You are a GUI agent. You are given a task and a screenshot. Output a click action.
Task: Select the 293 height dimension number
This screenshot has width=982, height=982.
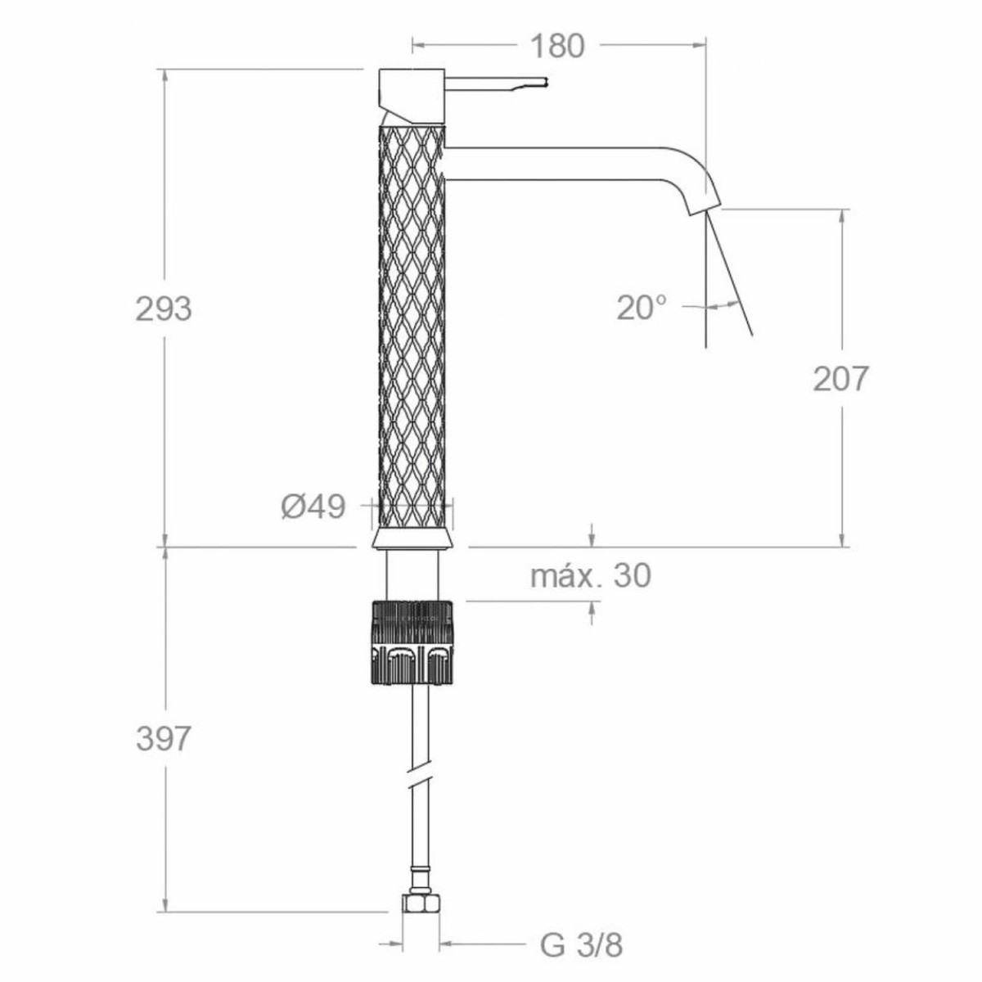pos(164,309)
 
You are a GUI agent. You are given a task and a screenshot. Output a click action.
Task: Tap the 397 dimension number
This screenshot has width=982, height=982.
pos(163,739)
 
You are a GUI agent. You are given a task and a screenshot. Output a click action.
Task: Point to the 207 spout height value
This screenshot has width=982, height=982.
pos(840,379)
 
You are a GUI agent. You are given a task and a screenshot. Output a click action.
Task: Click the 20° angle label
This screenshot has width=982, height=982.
pos(641,308)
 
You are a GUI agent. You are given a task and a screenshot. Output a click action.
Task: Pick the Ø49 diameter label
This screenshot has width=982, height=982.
pos(313,507)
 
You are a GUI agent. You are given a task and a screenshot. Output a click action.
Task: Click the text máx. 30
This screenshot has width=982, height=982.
pos(591,576)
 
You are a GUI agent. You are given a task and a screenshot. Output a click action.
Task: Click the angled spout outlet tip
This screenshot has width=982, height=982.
pos(705,206)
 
